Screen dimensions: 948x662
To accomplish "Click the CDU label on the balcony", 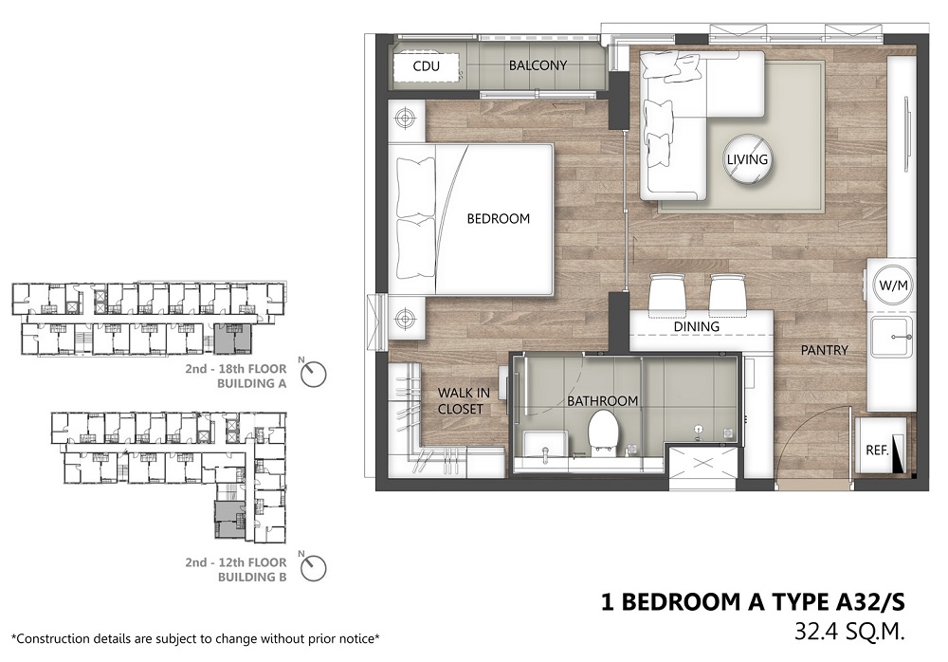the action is (x=427, y=66).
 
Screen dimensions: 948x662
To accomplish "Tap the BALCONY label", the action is (x=538, y=65).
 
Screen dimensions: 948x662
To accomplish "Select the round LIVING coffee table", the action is (x=748, y=158).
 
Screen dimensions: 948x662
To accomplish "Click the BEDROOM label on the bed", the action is (x=499, y=218).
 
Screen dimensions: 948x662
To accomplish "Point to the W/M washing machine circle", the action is (x=893, y=285).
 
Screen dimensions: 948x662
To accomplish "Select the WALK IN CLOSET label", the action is (x=464, y=401).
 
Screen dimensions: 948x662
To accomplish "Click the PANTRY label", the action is (x=824, y=350).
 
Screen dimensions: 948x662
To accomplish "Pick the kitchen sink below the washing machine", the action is (x=891, y=338).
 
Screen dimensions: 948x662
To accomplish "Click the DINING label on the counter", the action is (x=697, y=327).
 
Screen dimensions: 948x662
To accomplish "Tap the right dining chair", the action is (x=728, y=295).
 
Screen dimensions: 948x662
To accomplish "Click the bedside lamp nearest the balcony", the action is (x=405, y=118).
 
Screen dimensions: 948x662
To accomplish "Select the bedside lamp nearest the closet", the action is (x=405, y=317).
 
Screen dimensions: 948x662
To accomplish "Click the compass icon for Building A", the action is (x=313, y=374).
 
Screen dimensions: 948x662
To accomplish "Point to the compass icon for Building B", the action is (x=313, y=567).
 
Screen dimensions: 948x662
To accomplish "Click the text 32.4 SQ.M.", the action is (x=849, y=632).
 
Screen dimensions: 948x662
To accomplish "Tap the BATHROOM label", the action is (x=602, y=400).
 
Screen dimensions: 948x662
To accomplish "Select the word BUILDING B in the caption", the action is (x=252, y=577).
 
